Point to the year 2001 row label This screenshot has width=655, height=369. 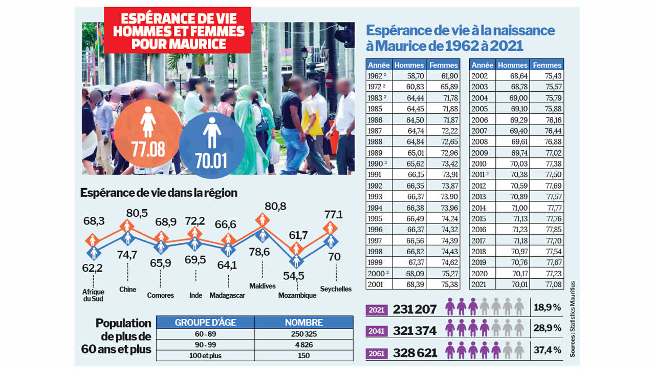point(376,284)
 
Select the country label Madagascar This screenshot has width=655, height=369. point(228,295)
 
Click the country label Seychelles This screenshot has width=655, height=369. point(336,289)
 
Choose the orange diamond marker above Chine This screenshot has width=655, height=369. point(127,225)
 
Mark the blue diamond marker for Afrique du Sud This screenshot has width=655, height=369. point(94,253)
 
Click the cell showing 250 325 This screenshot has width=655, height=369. point(303,334)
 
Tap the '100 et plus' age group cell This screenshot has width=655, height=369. point(205,356)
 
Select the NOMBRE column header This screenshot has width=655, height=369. point(303,322)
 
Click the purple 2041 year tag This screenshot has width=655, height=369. point(377,331)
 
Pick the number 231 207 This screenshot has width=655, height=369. point(414,309)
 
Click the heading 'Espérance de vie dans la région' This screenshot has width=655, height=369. point(159,193)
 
